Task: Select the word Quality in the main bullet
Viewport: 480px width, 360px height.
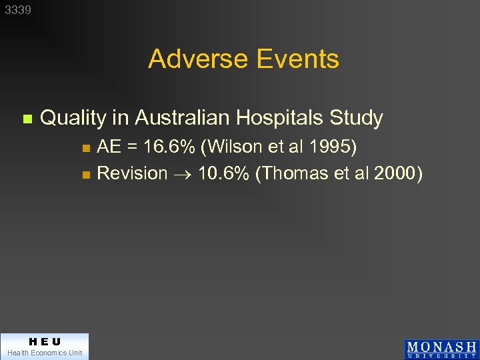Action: tap(73, 118)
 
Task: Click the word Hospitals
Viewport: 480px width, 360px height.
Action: tap(283, 118)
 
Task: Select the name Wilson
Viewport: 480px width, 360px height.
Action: tap(237, 146)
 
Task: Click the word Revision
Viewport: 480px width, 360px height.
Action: tap(132, 173)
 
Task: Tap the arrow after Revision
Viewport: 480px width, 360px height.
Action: tap(183, 173)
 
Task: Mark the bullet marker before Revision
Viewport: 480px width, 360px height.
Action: tap(85, 175)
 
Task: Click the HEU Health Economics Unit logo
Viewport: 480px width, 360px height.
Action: tap(44, 346)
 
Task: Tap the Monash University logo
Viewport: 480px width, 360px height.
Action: tap(441, 349)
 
